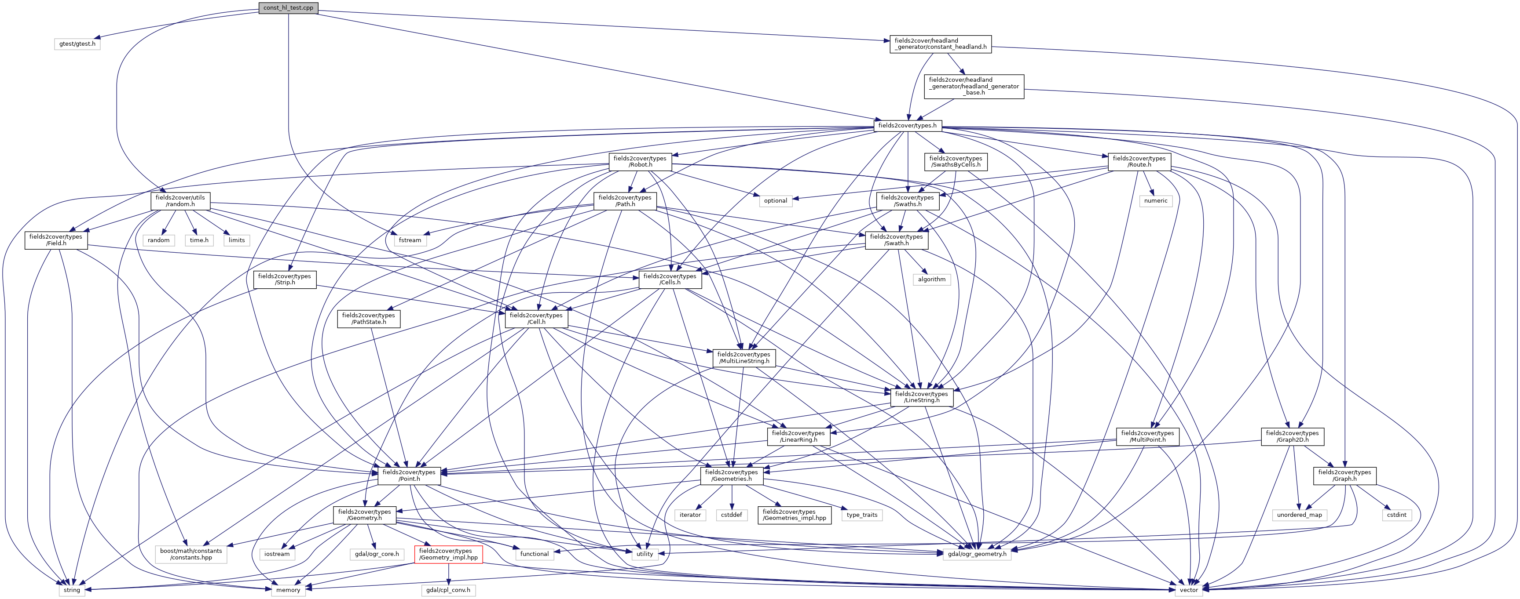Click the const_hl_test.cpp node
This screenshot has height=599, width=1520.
(x=289, y=7)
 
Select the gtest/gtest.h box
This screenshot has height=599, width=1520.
(x=77, y=44)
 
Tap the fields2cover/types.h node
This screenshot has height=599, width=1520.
(x=907, y=126)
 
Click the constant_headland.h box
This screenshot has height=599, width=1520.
(x=940, y=44)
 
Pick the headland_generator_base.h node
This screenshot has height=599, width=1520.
(x=974, y=86)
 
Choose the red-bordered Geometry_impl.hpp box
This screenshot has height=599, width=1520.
(x=448, y=554)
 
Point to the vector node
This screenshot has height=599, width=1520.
(x=1188, y=590)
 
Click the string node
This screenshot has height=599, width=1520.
(x=72, y=590)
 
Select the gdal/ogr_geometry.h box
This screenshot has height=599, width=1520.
(x=977, y=554)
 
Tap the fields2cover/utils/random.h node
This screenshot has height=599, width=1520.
(x=180, y=200)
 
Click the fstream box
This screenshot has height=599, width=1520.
(x=410, y=240)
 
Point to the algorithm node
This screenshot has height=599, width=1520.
(x=932, y=279)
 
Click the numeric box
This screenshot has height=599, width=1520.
(x=1155, y=200)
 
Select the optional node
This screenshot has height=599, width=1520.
(x=775, y=200)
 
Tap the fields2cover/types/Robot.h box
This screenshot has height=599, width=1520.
(x=640, y=162)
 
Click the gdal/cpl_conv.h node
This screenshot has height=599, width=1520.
(x=448, y=590)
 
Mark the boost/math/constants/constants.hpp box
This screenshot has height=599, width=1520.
(x=191, y=554)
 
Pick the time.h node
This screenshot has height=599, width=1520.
(x=199, y=240)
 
